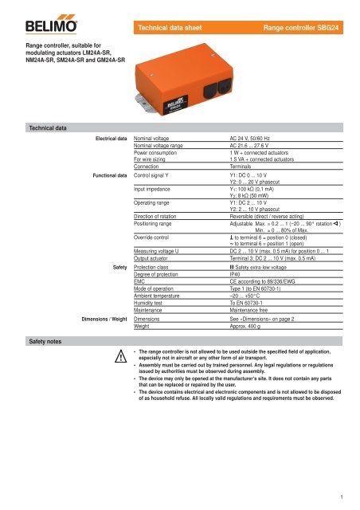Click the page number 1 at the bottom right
click(x=348, y=498)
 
